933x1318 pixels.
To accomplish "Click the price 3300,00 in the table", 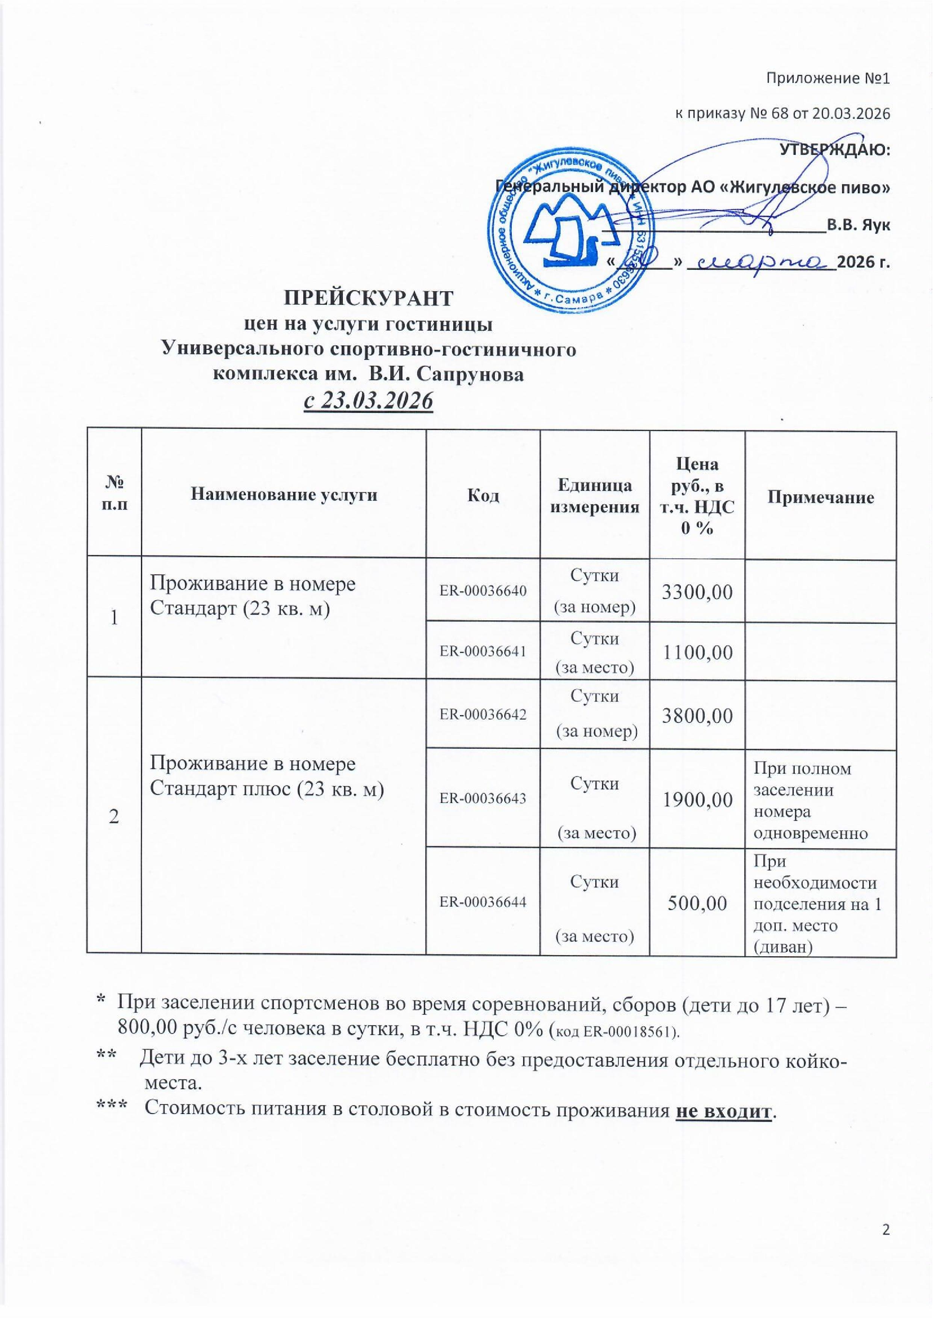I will (697, 591).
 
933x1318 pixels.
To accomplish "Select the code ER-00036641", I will (482, 651).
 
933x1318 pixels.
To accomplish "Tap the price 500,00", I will (697, 903).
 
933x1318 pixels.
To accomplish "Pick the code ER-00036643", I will (482, 798).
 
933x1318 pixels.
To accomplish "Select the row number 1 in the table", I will (114, 618).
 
